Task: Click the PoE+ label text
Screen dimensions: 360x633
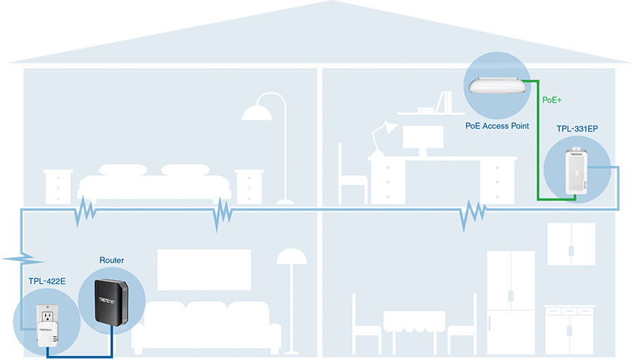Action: point(552,101)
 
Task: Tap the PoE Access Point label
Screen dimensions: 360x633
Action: point(497,127)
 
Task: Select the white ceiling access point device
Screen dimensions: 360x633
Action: point(497,86)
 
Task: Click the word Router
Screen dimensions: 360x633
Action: point(111,260)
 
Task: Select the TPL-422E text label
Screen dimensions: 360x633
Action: point(47,282)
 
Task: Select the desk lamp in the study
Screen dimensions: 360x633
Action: point(381,137)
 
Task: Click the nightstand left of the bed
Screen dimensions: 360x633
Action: point(58,186)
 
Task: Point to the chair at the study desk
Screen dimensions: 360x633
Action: point(351,176)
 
